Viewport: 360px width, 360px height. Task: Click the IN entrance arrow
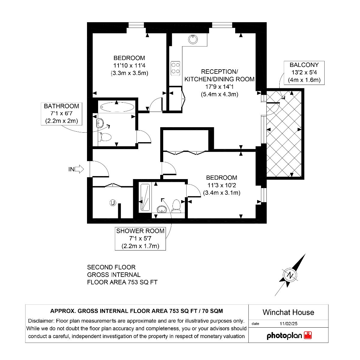pyautogui.click(x=79, y=169)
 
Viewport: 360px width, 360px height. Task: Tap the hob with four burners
pyautogui.click(x=175, y=68)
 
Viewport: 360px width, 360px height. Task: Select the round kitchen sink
pyautogui.click(x=193, y=39)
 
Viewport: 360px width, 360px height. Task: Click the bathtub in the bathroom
pyautogui.click(x=117, y=107)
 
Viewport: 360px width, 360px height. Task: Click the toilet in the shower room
pyautogui.click(x=176, y=206)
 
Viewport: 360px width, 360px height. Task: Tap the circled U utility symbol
pyautogui.click(x=113, y=203)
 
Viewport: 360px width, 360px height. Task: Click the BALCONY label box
pyautogui.click(x=304, y=73)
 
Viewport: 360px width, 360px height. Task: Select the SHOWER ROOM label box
pyautogui.click(x=140, y=238)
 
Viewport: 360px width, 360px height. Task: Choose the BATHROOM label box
pyautogui.click(x=61, y=114)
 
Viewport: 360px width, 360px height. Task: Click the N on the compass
pyautogui.click(x=290, y=275)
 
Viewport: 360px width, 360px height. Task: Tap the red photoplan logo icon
pyautogui.click(x=308, y=335)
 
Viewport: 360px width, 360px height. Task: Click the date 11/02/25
pyautogui.click(x=288, y=324)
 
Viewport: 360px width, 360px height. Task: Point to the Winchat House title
pyautogui.click(x=288, y=312)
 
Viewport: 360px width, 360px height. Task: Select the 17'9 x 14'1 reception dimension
pyautogui.click(x=220, y=87)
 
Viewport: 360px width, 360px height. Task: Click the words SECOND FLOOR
pyautogui.click(x=111, y=267)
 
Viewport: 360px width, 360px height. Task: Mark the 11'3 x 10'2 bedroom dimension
pyautogui.click(x=222, y=185)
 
